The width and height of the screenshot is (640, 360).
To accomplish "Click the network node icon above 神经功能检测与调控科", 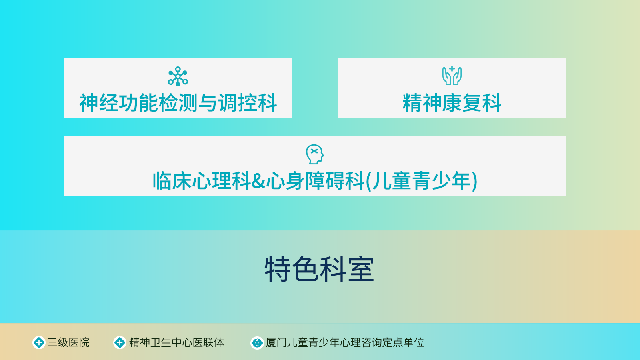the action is point(178,76).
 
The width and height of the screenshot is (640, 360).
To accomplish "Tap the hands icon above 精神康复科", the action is point(452,76).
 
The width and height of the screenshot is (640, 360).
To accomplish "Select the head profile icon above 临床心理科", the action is point(314,154).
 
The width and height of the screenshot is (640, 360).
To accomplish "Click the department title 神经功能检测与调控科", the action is point(178,103).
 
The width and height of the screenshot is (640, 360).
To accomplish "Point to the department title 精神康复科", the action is point(452,103).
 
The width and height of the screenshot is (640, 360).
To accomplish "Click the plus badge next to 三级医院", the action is point(39,342).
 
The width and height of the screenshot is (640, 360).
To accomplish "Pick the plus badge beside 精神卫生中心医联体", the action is point(120,342).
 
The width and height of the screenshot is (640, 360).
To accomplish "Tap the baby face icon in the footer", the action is point(257,342).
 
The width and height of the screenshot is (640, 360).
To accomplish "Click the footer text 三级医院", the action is point(68,342).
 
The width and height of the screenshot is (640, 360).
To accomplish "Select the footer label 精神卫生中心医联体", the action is point(176,342).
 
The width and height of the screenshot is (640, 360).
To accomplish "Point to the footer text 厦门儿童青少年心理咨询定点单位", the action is point(345,342).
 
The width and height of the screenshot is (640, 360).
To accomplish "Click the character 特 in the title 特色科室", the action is point(278,269).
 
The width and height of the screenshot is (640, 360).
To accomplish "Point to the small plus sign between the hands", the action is point(452,69).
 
